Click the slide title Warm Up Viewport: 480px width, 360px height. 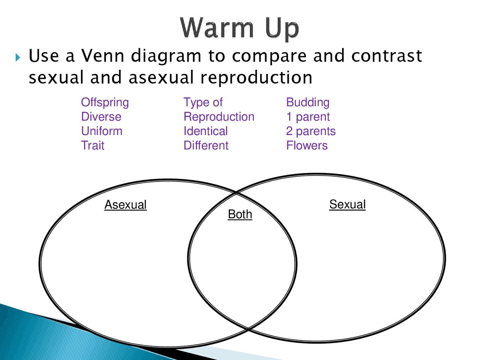239,28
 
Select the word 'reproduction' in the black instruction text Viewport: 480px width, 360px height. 256,78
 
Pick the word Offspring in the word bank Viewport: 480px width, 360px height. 105,102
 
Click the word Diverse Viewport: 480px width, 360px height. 101,117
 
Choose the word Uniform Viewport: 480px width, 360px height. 102,131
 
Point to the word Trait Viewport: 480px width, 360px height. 93,145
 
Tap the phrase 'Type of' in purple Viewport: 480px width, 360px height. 203,102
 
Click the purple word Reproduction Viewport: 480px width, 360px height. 219,117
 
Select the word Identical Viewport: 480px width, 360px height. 205,131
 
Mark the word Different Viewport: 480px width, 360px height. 206,145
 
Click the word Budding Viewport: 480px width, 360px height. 307,102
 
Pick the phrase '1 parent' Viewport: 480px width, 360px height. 307,117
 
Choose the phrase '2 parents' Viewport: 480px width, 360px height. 310,131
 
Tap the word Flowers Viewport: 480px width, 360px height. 307,145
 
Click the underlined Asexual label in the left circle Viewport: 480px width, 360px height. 125,205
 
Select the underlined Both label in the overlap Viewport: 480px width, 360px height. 240,214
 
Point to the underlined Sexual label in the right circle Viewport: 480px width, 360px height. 347,204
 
